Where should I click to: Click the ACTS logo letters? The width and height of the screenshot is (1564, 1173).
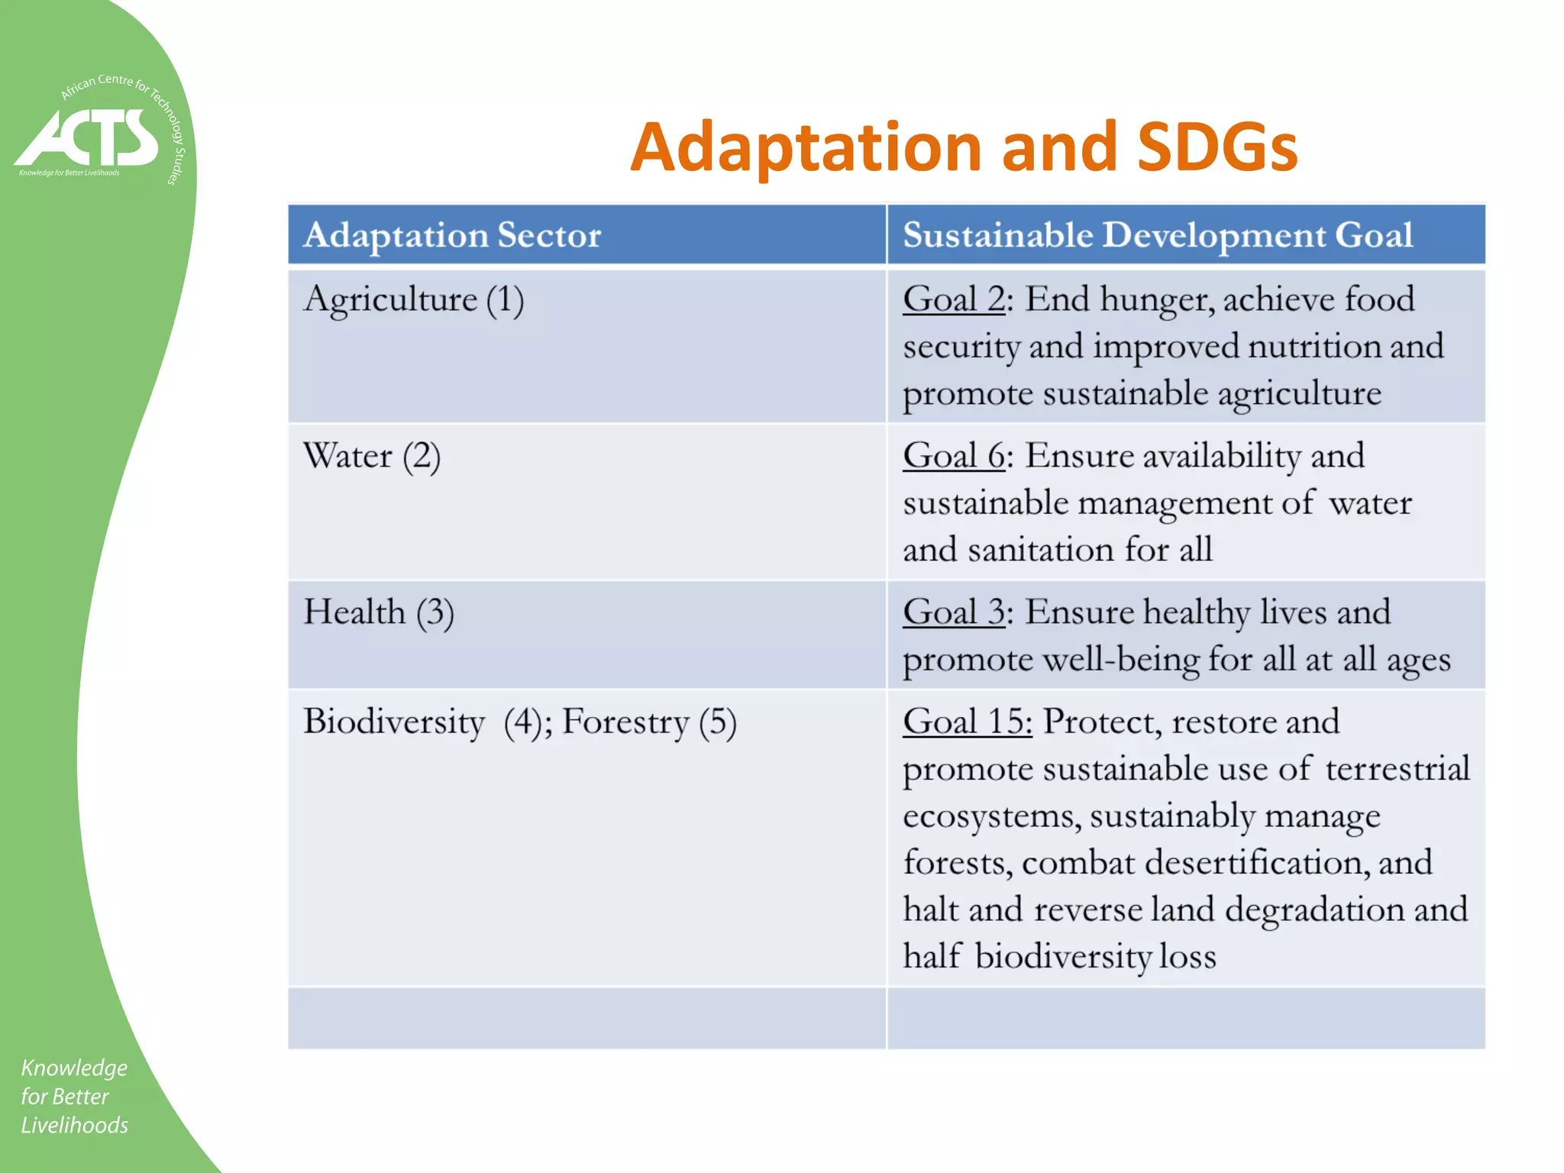[88, 137]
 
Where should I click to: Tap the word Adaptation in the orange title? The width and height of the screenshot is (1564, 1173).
[805, 147]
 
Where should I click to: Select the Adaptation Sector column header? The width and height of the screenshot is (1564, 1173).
[452, 234]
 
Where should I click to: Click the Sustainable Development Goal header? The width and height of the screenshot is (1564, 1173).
[1157, 234]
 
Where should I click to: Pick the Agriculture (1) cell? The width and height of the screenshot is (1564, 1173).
[413, 299]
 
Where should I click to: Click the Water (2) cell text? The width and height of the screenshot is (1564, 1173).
[371, 457]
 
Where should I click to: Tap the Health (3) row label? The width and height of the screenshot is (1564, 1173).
[378, 613]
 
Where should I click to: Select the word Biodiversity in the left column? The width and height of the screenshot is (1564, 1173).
[394, 722]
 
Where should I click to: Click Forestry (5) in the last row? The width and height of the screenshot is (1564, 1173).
[649, 722]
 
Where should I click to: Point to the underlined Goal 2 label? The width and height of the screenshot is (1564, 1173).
[953, 299]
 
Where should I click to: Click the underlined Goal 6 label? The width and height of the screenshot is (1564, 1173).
[953, 456]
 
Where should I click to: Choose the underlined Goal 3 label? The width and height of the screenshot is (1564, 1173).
[953, 612]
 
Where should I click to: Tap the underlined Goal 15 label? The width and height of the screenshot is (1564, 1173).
[967, 722]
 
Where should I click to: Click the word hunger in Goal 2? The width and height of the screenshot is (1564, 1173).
[1156, 299]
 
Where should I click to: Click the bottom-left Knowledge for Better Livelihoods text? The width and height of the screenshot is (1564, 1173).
[74, 1096]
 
